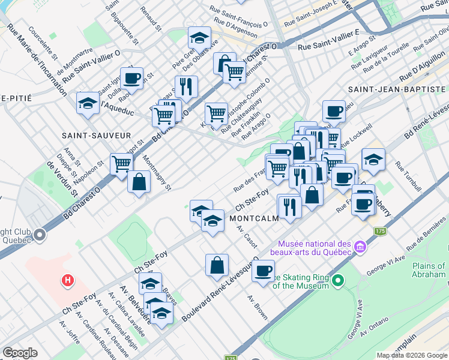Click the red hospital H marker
68,280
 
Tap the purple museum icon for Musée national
360,247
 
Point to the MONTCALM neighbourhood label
254,219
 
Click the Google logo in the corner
20,353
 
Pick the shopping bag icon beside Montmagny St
139,182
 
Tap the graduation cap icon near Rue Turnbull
373,160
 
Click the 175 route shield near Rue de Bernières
379,230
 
